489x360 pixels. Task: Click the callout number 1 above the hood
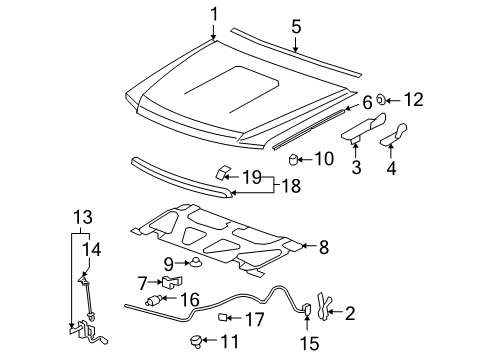[x=214, y=14]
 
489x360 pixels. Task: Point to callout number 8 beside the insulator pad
[x=322, y=245]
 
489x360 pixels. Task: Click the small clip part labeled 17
[x=225, y=319]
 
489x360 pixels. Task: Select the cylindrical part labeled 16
[x=156, y=299]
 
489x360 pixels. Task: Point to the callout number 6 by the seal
[x=366, y=102]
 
